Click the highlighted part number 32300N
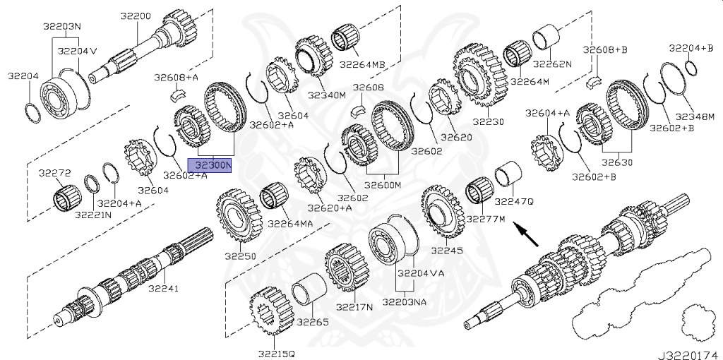[x=209, y=165]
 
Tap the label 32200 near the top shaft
[x=135, y=16]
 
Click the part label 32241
[x=163, y=288]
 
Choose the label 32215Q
[x=276, y=352]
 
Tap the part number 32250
[x=240, y=255]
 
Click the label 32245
[x=446, y=250]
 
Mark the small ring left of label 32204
[x=31, y=112]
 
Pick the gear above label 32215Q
[x=271, y=311]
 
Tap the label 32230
[x=489, y=121]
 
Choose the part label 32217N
[x=354, y=308]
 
